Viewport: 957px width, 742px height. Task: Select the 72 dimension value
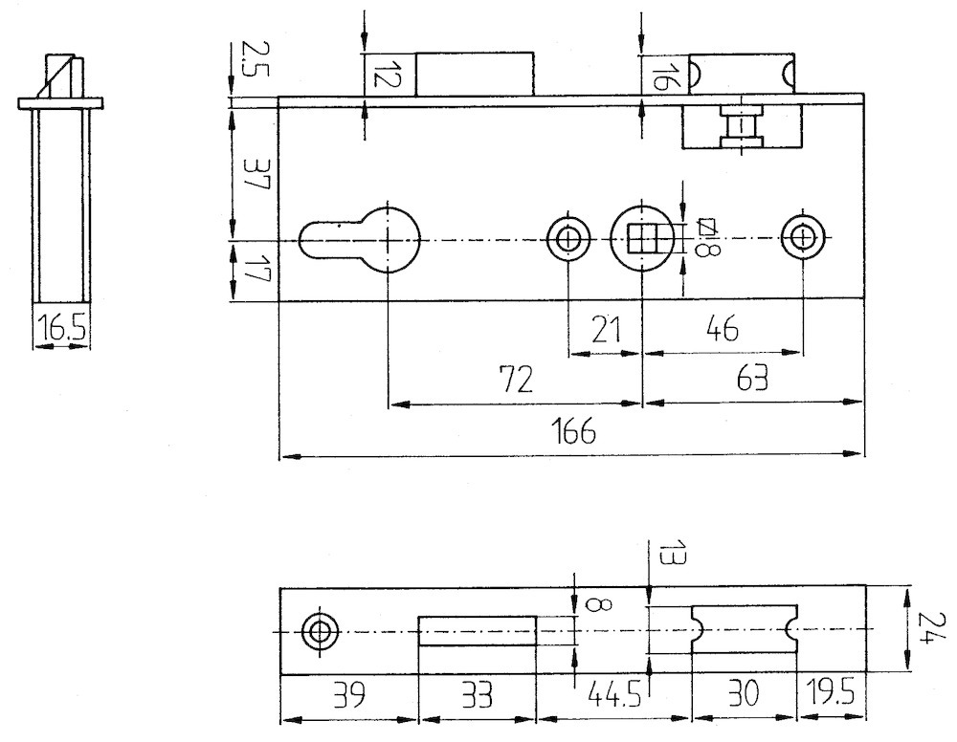(517, 380)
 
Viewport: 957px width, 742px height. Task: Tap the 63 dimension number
(752, 379)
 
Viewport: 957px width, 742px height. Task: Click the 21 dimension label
(606, 329)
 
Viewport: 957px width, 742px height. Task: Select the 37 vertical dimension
(256, 174)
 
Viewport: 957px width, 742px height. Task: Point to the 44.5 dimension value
(614, 694)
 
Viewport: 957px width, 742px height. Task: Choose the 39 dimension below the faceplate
(349, 694)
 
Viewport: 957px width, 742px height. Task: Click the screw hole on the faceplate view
(319, 632)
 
